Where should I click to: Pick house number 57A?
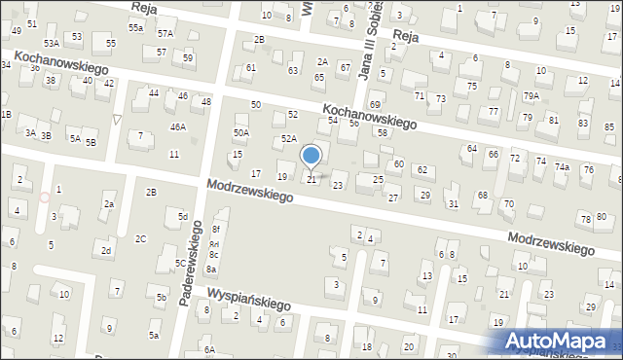tap(165, 34)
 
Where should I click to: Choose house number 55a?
tap(136, 28)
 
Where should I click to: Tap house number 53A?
tap(52, 44)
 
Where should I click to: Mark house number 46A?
tap(177, 126)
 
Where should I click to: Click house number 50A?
tap(240, 132)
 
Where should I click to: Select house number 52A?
tap(289, 139)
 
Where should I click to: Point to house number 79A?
tap(531, 95)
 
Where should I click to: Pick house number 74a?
tap(562, 166)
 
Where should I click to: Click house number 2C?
tap(141, 238)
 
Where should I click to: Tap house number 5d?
tap(182, 215)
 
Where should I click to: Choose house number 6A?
tap(208, 349)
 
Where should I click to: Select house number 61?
tap(251, 67)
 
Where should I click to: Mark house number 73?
tap(440, 99)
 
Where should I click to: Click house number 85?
tap(582, 125)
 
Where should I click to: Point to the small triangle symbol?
tap(118, 120)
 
